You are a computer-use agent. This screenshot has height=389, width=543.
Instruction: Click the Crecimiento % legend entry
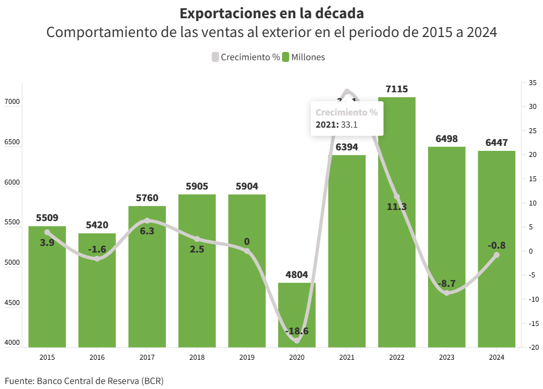(x=246, y=57)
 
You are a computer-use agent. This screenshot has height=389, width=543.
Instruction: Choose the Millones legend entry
(x=304, y=57)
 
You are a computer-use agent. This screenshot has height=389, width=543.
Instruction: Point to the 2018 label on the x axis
(x=197, y=358)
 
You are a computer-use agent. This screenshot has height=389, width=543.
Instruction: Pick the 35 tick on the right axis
(x=532, y=83)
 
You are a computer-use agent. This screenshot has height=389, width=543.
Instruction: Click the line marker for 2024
(x=497, y=255)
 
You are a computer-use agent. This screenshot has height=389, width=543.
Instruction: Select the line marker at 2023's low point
(x=447, y=293)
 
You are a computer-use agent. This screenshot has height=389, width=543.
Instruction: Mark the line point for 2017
(x=147, y=221)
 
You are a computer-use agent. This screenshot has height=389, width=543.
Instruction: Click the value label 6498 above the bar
(x=447, y=139)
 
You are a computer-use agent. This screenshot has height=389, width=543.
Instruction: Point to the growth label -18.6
(x=297, y=332)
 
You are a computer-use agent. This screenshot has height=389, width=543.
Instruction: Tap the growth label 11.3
(x=396, y=207)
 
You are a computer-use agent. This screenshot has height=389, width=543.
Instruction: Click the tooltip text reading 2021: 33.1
(x=337, y=124)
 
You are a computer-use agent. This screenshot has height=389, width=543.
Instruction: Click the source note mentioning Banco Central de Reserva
(x=84, y=381)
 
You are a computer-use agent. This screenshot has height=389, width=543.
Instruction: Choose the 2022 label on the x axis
(x=396, y=358)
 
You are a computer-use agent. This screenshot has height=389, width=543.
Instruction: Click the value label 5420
(x=97, y=225)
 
